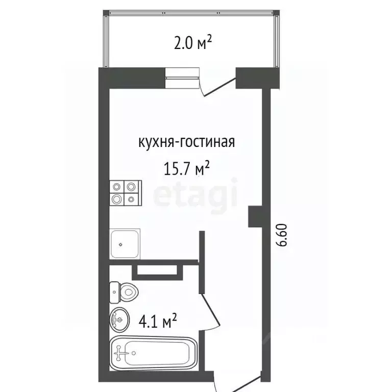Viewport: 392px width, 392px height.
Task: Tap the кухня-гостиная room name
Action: point(186,142)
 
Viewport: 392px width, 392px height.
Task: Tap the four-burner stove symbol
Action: point(125,193)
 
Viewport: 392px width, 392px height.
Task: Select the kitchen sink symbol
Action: point(126,243)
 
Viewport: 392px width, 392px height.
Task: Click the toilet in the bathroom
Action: point(125,292)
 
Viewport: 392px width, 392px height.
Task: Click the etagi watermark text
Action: point(197,197)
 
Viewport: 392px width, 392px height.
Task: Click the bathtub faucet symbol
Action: point(123,352)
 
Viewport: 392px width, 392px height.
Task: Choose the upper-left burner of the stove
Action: point(117,186)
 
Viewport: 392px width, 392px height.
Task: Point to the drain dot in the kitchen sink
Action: point(120,244)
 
